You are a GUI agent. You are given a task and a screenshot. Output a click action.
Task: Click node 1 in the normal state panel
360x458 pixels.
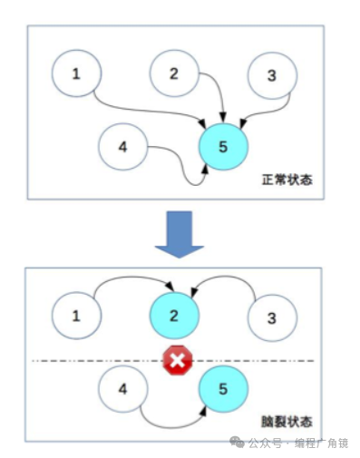[x=76, y=73]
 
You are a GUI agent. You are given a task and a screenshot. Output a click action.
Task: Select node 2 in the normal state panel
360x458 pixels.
[x=174, y=73]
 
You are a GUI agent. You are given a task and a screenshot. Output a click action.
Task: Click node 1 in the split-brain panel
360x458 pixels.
[x=76, y=316]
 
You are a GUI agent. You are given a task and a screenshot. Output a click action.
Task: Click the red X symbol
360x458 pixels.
[x=178, y=362]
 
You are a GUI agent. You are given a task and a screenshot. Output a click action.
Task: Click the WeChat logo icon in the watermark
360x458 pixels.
[x=236, y=443]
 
